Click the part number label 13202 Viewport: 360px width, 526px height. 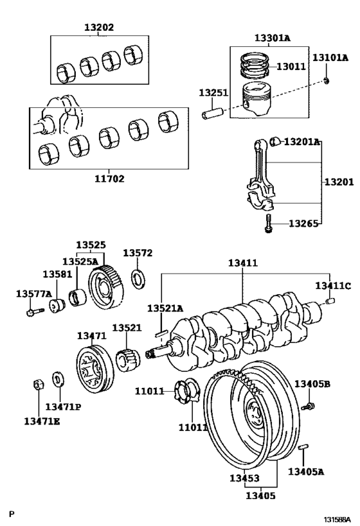99,28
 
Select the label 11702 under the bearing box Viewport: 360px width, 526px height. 109,179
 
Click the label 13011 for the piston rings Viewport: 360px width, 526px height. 292,66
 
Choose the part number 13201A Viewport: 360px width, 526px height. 302,141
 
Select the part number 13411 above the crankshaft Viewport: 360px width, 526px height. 242,263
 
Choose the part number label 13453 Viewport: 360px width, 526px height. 244,478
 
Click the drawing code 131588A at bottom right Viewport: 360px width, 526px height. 337,518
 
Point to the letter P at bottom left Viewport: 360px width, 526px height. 12,513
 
